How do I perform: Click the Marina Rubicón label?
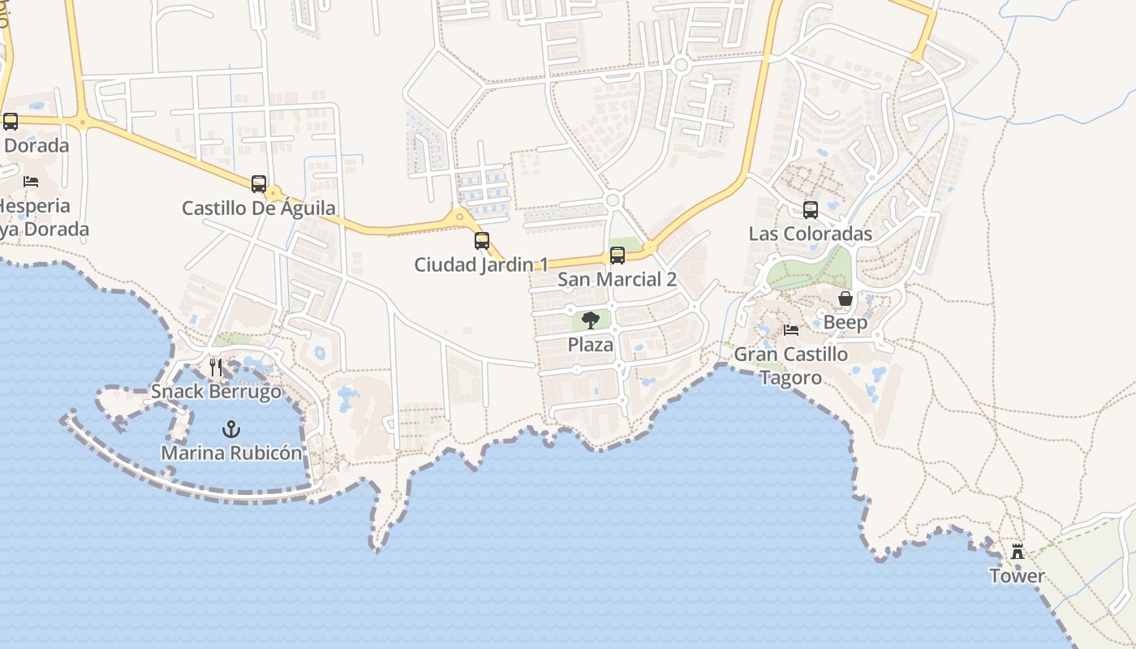231,453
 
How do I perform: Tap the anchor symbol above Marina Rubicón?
231,428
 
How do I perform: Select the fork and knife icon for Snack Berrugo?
216,367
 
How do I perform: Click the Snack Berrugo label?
216,392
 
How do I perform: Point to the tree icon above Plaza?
591,320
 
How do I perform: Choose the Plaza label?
591,345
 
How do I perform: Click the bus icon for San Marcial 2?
617,256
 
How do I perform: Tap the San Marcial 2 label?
617,280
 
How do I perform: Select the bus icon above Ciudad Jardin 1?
482,240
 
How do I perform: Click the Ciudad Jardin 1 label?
481,264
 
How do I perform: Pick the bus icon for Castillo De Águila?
259,184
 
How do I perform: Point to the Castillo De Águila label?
259,208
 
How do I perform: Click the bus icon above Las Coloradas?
811,210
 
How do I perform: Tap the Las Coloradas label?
811,234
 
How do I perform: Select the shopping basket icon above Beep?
846,299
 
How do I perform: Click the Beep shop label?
846,323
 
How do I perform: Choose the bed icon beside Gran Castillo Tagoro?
791,330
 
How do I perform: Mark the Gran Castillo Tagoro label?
791,366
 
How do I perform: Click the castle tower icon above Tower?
1017,552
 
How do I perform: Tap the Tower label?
1017,576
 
